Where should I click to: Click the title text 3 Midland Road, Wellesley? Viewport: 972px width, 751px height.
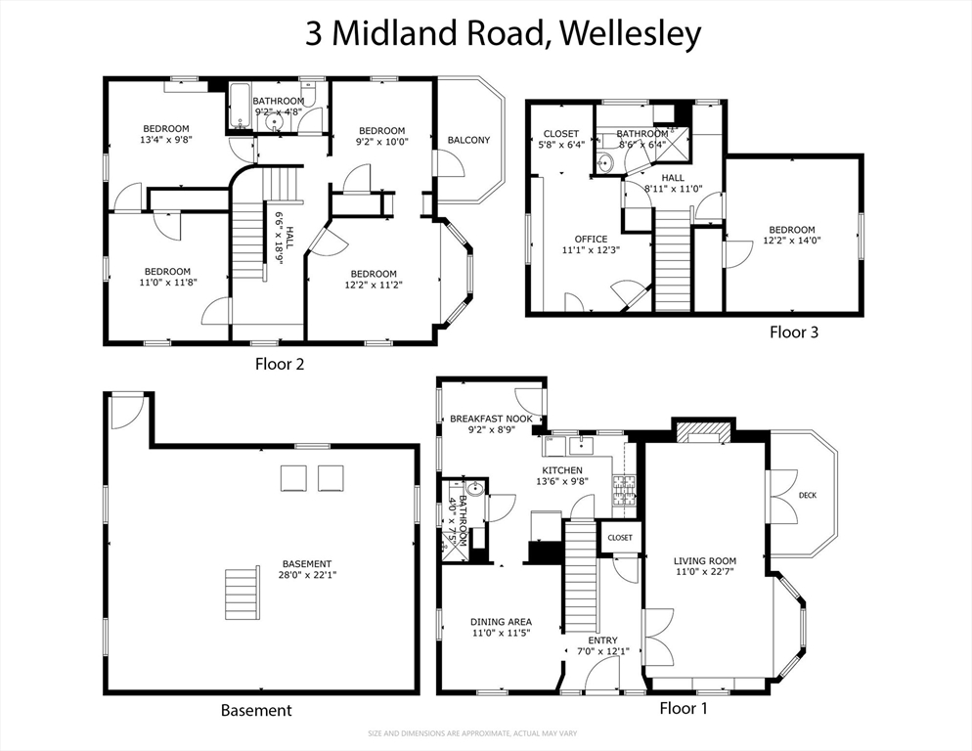point(504,34)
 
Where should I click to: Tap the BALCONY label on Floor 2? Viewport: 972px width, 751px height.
point(468,140)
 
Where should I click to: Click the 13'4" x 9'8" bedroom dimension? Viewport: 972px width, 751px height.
point(166,140)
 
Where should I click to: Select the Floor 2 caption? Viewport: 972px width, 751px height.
point(281,364)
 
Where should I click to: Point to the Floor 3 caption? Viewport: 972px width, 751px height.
point(793,331)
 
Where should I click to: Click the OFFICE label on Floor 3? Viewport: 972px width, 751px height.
point(591,239)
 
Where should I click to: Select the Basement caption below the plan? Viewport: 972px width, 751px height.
point(255,710)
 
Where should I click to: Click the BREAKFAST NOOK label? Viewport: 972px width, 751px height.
point(491,419)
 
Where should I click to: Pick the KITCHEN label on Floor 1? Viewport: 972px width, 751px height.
point(562,470)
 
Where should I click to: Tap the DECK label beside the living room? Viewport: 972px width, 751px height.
point(807,496)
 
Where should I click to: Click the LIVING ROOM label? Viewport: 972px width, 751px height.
point(704,560)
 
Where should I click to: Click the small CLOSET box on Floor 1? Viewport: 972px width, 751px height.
point(620,538)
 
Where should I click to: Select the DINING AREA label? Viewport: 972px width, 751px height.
point(501,622)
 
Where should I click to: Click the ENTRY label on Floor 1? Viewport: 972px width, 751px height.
point(602,641)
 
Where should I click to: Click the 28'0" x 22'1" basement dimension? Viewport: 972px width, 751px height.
point(307,575)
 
